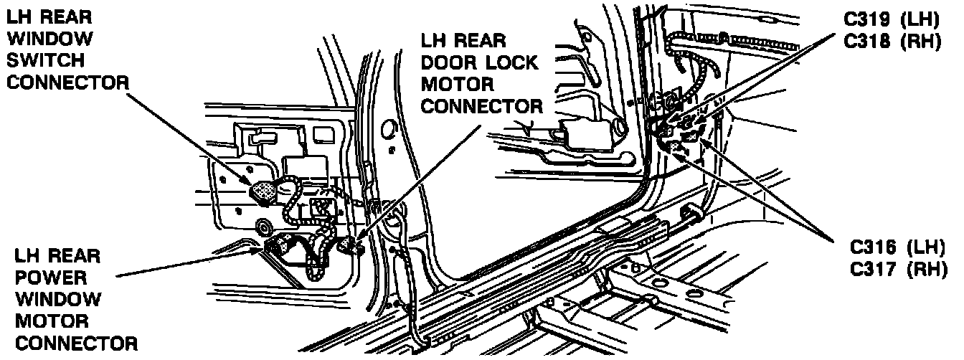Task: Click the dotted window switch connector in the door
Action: click(263, 191)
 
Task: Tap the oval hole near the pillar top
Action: click(389, 128)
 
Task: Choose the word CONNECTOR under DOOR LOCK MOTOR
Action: click(481, 107)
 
